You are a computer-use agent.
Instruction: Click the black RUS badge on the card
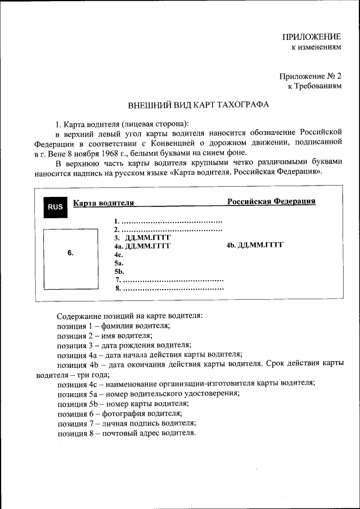[x=55, y=207]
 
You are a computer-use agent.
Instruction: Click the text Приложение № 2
[x=310, y=76]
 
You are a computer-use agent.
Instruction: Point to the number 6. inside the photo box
[x=70, y=253]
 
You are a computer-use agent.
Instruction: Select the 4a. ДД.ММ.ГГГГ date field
[x=142, y=246]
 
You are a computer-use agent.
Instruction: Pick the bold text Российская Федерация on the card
[x=271, y=201]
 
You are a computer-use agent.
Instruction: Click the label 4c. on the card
[x=119, y=254]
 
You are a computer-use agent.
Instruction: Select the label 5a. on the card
[x=119, y=263]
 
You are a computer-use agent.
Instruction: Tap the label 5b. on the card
[x=119, y=271]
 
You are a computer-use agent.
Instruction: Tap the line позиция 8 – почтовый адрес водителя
[x=127, y=433]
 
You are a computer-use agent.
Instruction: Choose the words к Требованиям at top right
[x=314, y=86]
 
